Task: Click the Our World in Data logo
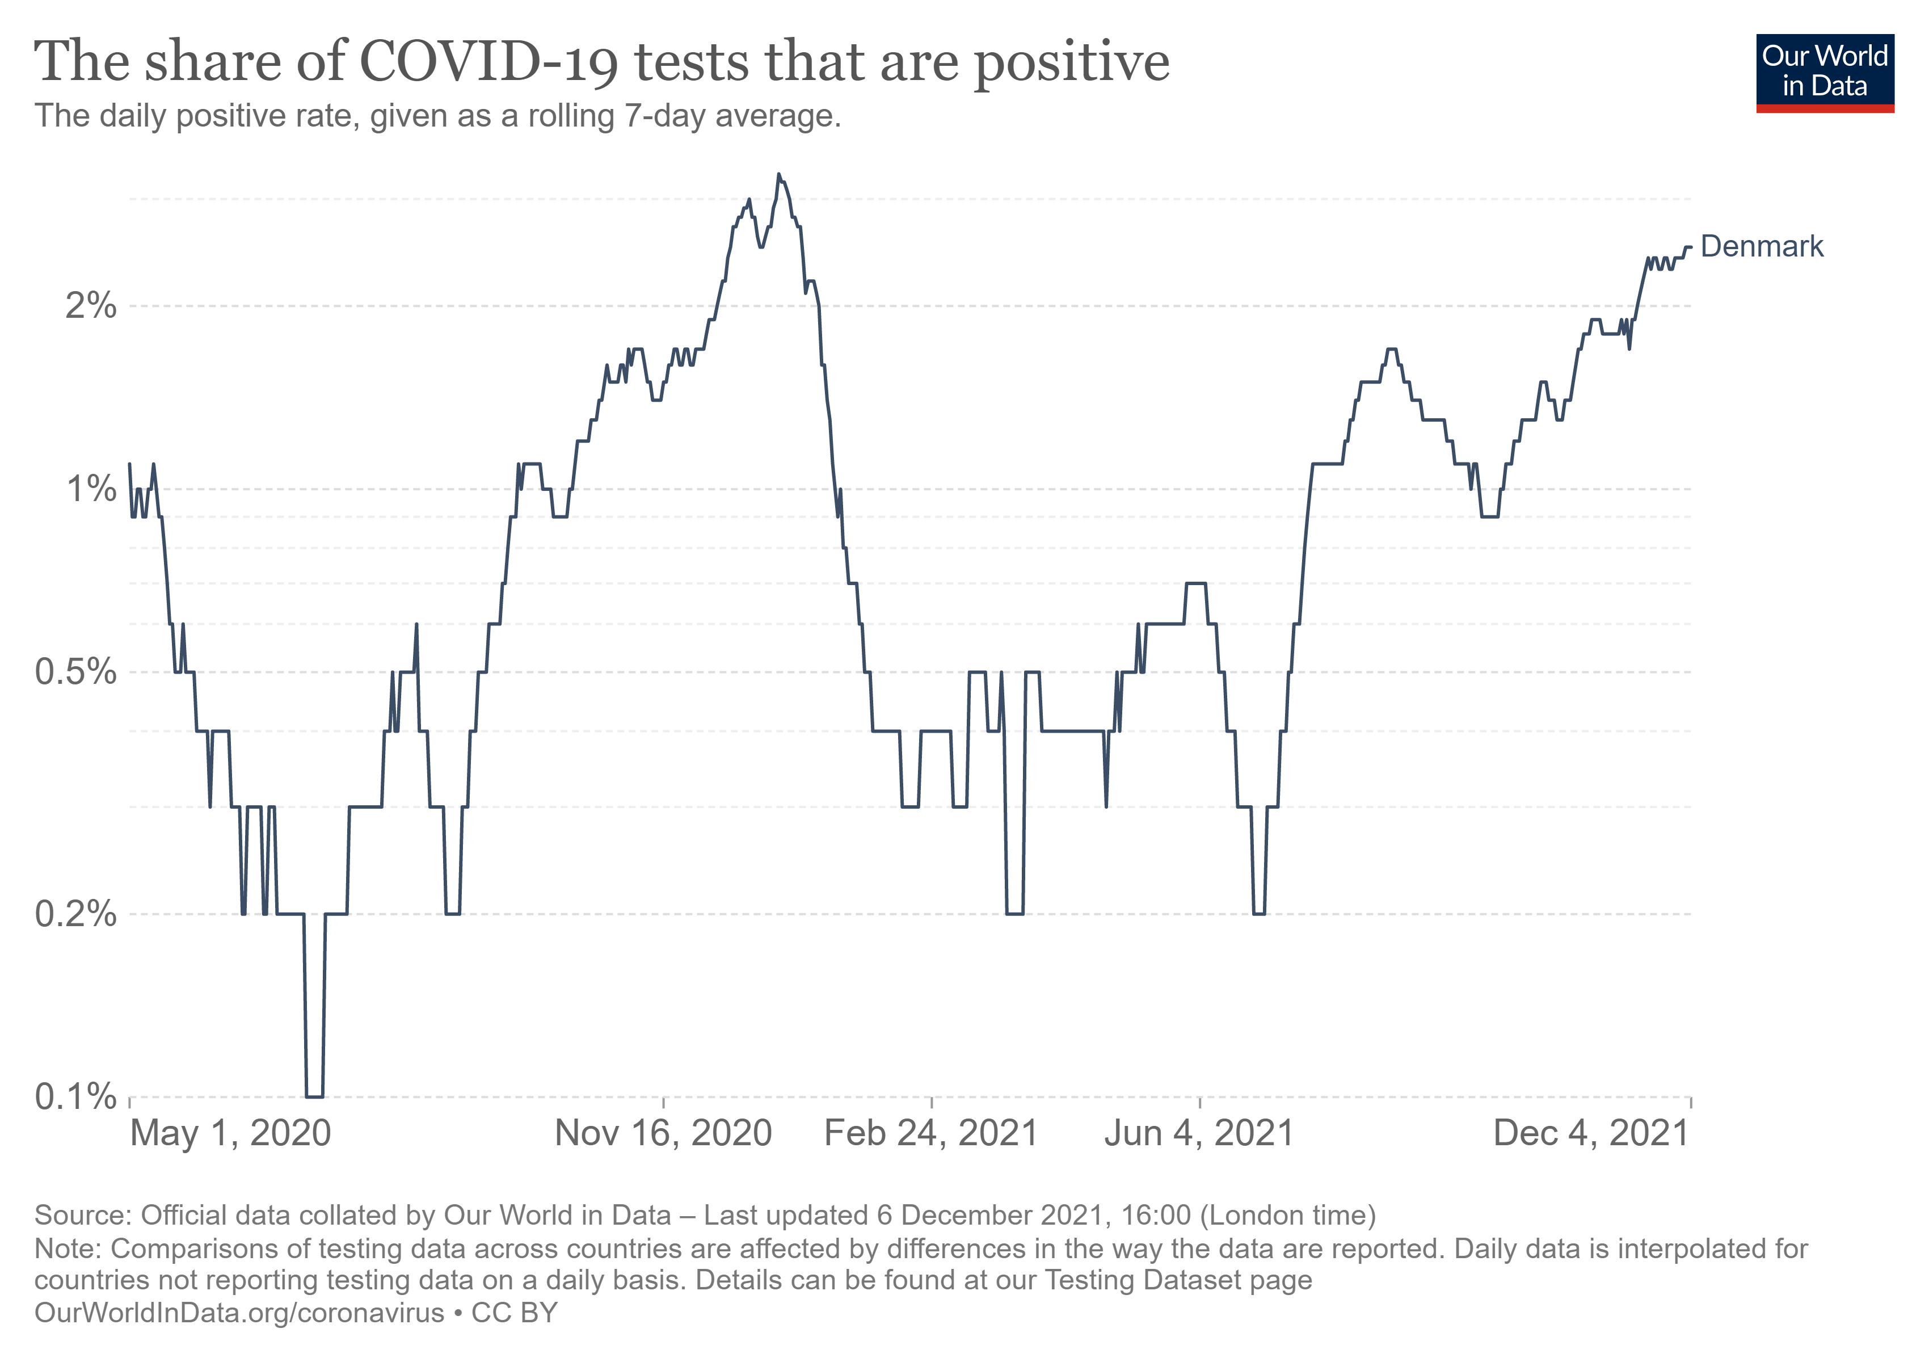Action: [1824, 72]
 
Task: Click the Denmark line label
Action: [1761, 247]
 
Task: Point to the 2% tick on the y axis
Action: [91, 306]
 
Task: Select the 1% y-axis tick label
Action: [91, 489]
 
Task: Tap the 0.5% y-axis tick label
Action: [75, 672]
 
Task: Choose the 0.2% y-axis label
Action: [75, 914]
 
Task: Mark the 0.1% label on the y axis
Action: [75, 1098]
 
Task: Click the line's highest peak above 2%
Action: [779, 175]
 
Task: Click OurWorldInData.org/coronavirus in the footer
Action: [239, 1313]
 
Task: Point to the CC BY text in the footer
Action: [514, 1313]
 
